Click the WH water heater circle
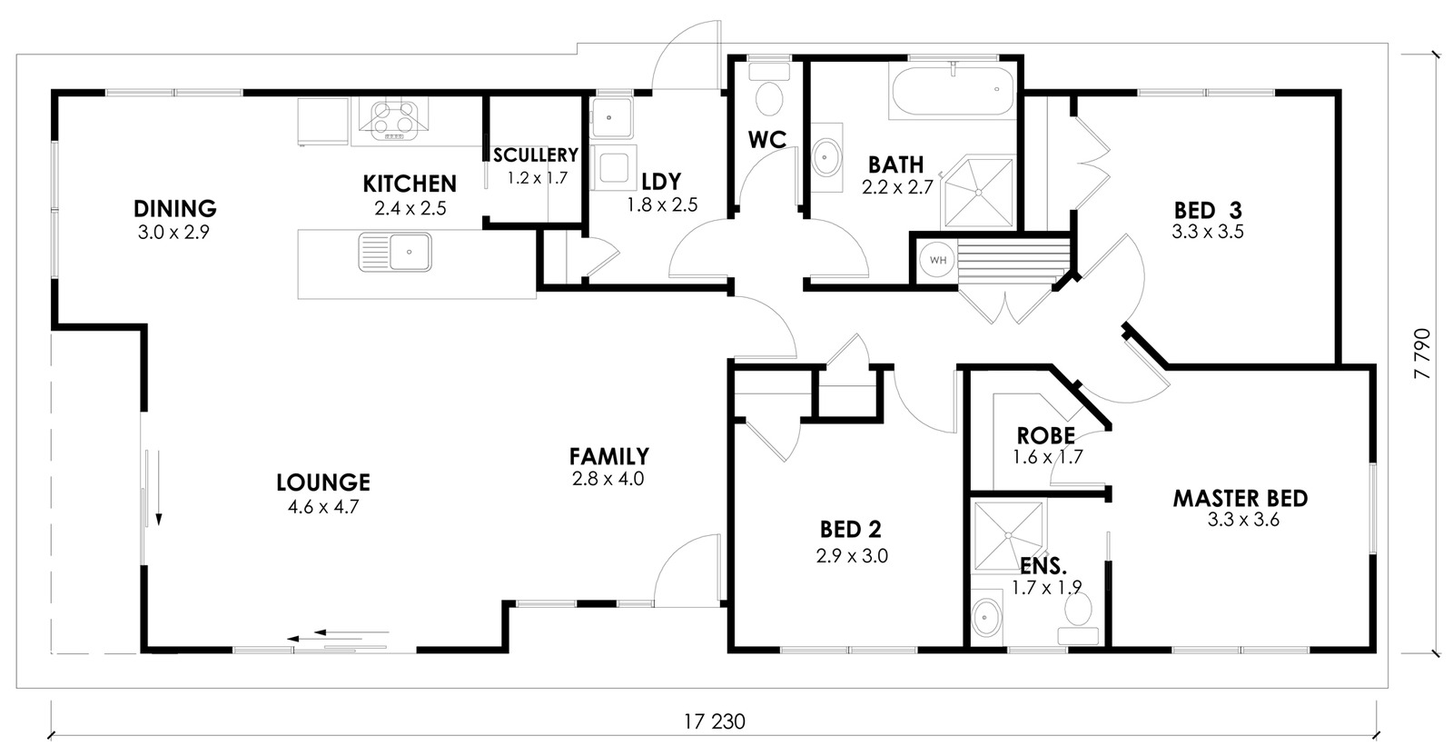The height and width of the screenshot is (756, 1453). [x=937, y=260]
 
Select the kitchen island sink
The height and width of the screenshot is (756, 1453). [x=395, y=252]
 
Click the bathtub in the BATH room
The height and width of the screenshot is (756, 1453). [x=953, y=92]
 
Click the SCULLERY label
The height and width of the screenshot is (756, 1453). [x=535, y=155]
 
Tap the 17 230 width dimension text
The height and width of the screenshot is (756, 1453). [x=715, y=721]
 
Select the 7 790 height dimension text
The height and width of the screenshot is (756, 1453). [x=1422, y=353]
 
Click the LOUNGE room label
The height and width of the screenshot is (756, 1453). [x=323, y=482]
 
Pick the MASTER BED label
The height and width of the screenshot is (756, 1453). [x=1240, y=498]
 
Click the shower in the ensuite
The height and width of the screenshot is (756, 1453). [x=1008, y=535]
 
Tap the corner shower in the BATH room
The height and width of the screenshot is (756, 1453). [x=978, y=192]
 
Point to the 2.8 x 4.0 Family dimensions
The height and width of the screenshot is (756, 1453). [x=608, y=480]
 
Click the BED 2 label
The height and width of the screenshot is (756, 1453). [x=851, y=530]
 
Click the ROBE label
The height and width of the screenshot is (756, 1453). [x=1045, y=435]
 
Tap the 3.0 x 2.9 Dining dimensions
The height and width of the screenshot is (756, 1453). [x=173, y=233]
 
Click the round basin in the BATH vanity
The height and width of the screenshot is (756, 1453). [x=826, y=157]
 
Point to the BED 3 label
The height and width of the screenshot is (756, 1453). [x=1208, y=210]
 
